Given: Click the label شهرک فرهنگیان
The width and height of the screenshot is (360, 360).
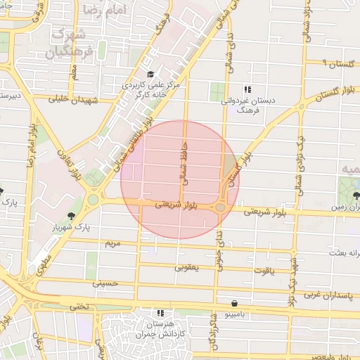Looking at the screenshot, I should tap(69, 42).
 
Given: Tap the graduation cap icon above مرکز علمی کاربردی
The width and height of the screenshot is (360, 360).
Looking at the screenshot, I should tap(149, 75).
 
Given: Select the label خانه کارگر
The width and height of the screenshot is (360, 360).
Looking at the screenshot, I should tap(146, 96).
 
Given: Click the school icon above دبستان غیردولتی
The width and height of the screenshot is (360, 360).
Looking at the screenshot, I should tap(247, 90).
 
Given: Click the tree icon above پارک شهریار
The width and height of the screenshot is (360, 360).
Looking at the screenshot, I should tap(72, 214).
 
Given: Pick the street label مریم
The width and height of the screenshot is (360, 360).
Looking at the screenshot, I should tap(112, 243).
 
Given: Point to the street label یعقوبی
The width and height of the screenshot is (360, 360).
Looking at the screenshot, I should tap(187, 267).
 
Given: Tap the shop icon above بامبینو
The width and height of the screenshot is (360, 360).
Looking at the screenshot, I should tap(233, 304).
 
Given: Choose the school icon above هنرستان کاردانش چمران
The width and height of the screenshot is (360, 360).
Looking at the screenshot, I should tap(160, 313).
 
